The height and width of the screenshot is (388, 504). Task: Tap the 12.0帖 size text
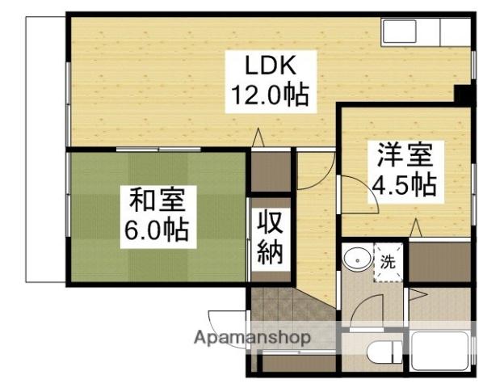tap(269, 95)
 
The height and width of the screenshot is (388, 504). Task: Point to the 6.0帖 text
tap(156, 231)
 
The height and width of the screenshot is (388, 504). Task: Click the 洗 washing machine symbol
tap(387, 263)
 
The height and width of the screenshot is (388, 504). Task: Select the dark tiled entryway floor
tap(279, 311)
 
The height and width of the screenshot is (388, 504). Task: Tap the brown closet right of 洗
tap(439, 262)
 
